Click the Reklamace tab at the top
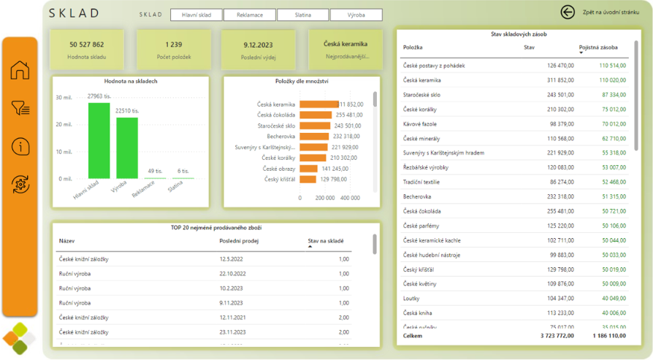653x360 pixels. pos(250,15)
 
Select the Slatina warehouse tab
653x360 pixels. pos(302,15)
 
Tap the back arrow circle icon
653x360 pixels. pos(568,12)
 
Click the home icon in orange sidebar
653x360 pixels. pos(20,70)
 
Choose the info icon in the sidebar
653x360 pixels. pos(20,146)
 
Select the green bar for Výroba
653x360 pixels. pos(126,148)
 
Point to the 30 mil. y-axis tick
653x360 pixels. pos(64,97)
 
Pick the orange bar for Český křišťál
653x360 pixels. pos(308,179)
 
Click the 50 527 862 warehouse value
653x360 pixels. pos(87,45)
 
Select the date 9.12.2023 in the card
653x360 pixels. pos(259,45)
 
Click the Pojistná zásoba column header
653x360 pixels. pos(597,47)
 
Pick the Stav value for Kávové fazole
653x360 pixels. pos(562,124)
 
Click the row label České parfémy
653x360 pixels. pos(422,226)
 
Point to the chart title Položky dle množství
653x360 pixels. pos(302,81)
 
